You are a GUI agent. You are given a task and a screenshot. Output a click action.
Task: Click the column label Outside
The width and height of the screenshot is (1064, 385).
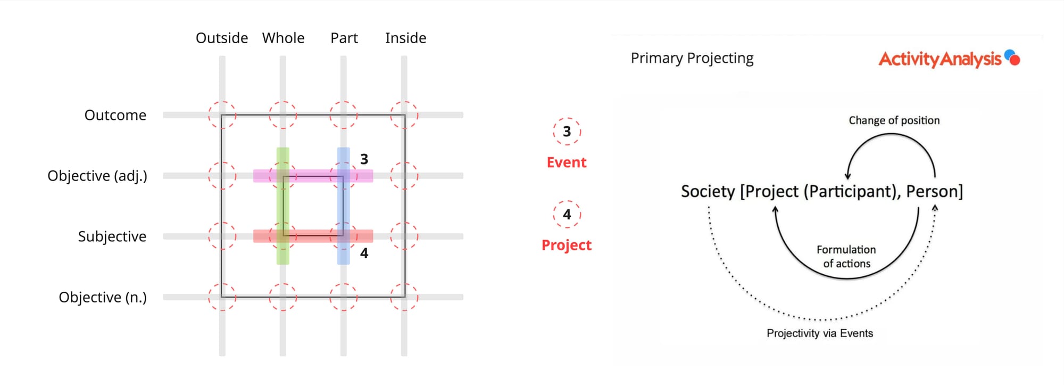point(222,38)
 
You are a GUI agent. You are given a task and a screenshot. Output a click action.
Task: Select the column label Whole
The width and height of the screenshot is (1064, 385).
point(283,38)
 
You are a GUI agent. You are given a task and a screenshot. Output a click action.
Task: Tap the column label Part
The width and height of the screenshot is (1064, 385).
point(344,38)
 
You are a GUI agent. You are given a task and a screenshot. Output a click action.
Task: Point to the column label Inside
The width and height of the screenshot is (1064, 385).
point(405,38)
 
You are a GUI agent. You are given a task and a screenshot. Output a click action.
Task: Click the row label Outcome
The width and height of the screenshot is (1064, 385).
point(115,115)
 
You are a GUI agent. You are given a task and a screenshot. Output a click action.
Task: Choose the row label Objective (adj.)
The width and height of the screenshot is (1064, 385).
point(97,176)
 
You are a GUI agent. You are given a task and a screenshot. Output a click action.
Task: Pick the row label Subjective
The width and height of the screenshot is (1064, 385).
point(112,236)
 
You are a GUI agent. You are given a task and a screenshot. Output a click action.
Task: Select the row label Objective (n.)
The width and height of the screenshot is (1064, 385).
point(103,297)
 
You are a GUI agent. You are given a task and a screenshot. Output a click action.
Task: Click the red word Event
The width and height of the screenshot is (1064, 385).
point(567,162)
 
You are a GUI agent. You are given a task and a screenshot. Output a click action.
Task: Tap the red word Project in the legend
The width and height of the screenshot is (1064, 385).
point(567,245)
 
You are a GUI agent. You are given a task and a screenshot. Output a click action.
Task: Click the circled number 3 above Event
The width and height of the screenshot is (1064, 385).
point(567,132)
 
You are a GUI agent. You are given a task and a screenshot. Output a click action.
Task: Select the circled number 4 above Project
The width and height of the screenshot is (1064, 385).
point(567,214)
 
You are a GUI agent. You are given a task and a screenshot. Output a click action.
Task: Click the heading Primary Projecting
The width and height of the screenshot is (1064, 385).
point(692,58)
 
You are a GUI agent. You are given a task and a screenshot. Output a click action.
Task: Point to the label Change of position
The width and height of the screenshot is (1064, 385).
point(894,120)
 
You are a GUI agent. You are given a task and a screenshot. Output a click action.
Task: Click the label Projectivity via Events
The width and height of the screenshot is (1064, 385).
point(819,333)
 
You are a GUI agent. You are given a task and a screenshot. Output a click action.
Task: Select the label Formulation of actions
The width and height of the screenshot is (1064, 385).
point(846,256)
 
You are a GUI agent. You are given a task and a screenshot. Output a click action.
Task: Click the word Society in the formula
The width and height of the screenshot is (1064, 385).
point(708,191)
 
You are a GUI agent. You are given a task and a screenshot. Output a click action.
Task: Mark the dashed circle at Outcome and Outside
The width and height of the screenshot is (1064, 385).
point(222,115)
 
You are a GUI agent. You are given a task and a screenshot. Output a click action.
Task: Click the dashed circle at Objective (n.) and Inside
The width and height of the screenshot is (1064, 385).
point(404,297)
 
